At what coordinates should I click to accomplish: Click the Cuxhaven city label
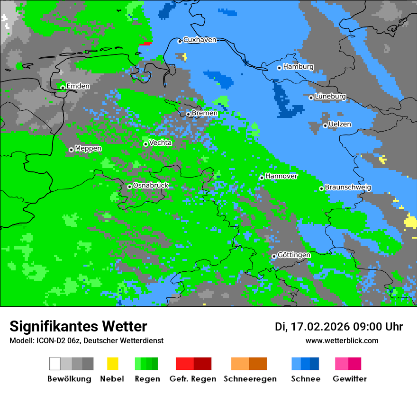pos(199,40)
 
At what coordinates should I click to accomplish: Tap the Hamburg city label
pos(298,67)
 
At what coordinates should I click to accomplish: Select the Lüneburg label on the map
pos(330,97)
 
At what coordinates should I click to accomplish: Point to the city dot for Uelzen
pos(325,125)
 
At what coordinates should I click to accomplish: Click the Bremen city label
pos(205,113)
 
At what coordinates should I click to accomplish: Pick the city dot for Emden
pos(63,87)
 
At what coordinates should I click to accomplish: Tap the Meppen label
pos(88,149)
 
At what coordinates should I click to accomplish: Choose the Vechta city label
pos(161,143)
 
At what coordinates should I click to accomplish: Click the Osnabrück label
pos(151,186)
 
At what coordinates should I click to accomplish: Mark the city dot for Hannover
pos(262,178)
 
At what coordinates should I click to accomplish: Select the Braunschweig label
pos(348,188)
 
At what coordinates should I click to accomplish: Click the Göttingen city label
pos(294,255)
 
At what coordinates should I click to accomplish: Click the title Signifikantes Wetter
pos(78,327)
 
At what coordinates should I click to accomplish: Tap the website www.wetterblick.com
pos(342,341)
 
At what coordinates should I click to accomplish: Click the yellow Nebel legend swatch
pos(112,364)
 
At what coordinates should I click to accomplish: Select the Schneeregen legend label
pos(250,379)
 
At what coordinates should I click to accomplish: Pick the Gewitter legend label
pos(349,379)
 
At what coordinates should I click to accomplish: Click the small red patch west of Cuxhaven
pos(146,44)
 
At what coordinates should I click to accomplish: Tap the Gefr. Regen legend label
pos(192,379)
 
